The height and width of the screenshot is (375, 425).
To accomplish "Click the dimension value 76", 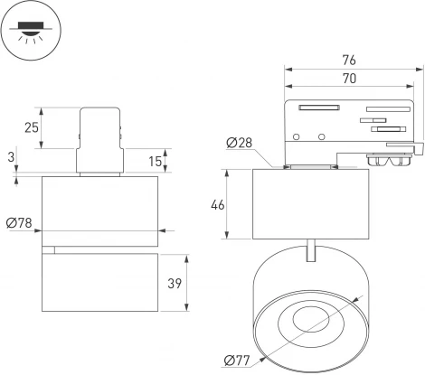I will pos(349,60).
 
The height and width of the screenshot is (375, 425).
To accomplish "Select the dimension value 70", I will pos(349,79).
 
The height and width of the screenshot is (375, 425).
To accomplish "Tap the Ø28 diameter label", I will pos(239,144).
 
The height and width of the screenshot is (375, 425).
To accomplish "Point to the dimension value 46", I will pos(217,205).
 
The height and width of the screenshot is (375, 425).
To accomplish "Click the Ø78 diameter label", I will pos(19,223).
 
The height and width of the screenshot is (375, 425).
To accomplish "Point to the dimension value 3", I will pos(10,156).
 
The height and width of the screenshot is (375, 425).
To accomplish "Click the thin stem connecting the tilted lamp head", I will pos(311,250).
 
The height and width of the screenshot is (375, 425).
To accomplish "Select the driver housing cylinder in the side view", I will pos(310,204).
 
